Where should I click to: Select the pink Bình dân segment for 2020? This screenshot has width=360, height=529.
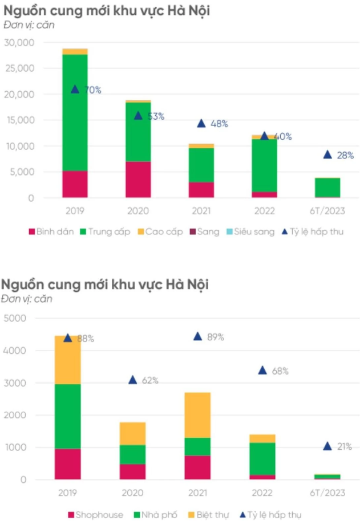point(138,180)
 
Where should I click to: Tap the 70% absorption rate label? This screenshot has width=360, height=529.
point(92,90)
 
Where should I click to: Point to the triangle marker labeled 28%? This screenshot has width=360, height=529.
point(327,154)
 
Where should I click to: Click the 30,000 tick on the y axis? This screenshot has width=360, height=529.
point(19,43)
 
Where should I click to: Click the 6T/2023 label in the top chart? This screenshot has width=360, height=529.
point(327,211)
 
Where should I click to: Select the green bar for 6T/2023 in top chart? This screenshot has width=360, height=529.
point(327,188)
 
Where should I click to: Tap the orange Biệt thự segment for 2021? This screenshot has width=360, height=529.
point(197,414)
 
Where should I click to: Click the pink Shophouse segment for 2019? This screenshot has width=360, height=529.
point(68,464)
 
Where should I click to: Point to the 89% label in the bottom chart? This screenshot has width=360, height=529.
point(215,337)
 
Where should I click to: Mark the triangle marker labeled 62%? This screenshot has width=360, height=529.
point(133,380)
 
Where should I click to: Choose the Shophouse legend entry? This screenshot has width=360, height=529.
point(95,515)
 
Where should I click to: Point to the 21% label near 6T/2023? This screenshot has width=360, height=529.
point(344,446)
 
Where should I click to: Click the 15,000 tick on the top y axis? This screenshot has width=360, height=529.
point(19,120)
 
